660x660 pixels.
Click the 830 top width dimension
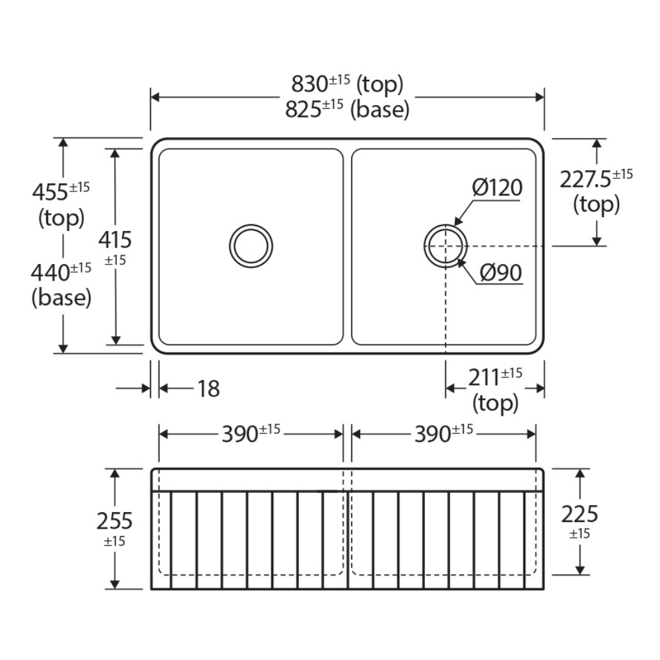(x=347, y=84)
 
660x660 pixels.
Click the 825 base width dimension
(x=347, y=109)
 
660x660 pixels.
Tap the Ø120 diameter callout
(x=497, y=187)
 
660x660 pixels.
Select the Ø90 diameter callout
(x=501, y=273)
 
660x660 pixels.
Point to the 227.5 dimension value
(x=596, y=178)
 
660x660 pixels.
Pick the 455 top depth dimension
(x=61, y=191)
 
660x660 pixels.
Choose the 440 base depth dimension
(x=61, y=272)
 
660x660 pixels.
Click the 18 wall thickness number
(x=209, y=389)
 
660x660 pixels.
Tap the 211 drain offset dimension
(x=495, y=377)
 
